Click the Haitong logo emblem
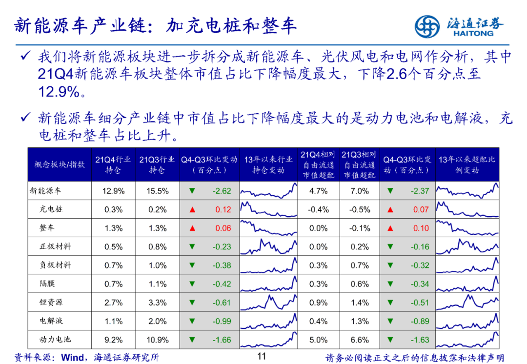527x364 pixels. (x=427, y=25)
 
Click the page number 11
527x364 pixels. (x=262, y=356)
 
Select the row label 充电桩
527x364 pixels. (x=51, y=209)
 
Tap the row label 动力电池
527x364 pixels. (x=55, y=339)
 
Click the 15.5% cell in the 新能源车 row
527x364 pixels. (x=157, y=191)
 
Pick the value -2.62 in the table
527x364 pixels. (x=222, y=191)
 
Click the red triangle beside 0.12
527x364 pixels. (x=192, y=210)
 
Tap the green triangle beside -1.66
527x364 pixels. (x=192, y=340)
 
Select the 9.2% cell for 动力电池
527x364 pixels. (x=113, y=340)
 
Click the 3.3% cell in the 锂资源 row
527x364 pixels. (x=157, y=303)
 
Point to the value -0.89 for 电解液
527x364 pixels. (x=420, y=321)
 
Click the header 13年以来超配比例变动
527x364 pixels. (x=466, y=164)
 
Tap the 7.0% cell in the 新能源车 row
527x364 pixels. (x=359, y=191)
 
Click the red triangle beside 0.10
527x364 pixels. (x=390, y=228)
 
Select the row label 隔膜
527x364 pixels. (x=47, y=283)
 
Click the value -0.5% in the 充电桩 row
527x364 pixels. (x=359, y=210)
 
